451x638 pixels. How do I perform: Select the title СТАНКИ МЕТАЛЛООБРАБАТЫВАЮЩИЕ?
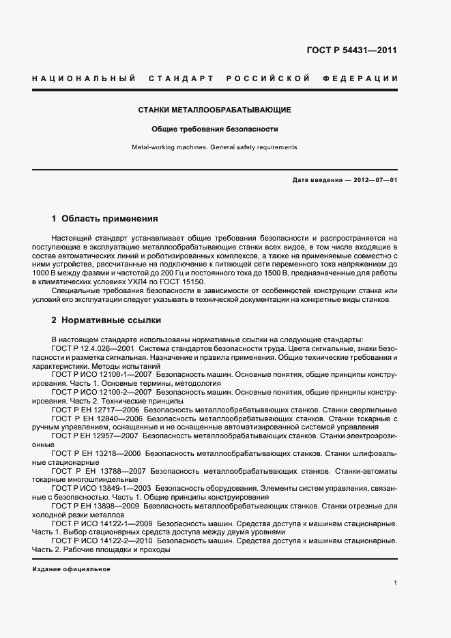point(215,110)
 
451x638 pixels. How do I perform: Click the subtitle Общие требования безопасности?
point(215,129)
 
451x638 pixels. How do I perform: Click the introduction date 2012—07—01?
point(374,179)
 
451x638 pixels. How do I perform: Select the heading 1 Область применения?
point(104,219)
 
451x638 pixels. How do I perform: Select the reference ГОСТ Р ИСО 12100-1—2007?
point(102,374)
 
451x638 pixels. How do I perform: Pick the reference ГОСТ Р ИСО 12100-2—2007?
point(102,393)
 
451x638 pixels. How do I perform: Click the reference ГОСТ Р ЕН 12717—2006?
point(96,410)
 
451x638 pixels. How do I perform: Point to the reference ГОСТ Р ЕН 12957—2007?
point(96,434)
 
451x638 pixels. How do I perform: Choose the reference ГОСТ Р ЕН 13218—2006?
point(96,453)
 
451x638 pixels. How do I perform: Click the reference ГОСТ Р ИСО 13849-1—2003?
point(102,489)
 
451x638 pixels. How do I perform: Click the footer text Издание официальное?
point(70,568)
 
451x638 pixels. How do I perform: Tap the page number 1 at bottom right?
point(396,583)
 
